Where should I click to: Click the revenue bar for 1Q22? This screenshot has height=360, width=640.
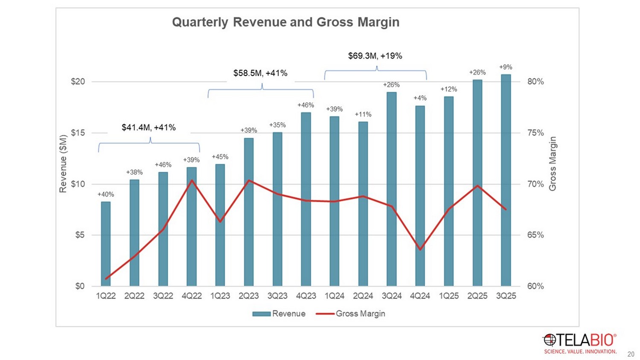106,243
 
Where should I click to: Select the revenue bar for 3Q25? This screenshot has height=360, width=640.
506,179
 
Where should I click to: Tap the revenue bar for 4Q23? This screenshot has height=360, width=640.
306,198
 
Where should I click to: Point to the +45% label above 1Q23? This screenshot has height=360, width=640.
220,157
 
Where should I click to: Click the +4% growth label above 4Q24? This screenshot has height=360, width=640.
420,98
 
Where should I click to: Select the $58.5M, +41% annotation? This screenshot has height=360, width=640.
260,73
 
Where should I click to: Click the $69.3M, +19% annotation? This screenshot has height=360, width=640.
375,56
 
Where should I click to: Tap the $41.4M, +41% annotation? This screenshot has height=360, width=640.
148,128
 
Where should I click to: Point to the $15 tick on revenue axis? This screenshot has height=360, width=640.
78,133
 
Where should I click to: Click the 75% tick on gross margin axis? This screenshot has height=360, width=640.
535,133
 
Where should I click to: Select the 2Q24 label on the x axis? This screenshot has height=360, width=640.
363,296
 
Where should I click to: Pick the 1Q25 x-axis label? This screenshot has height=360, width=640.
449,296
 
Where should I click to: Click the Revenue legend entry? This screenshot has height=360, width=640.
279,314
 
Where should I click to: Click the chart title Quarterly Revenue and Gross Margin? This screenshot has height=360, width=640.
285,22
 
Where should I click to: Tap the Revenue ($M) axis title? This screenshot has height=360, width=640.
63,164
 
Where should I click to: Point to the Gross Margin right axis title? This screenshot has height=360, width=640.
553,164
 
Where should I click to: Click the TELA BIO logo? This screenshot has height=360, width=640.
580,343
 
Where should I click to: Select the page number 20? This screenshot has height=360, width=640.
631,354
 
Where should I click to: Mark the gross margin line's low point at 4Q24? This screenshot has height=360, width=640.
420,250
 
